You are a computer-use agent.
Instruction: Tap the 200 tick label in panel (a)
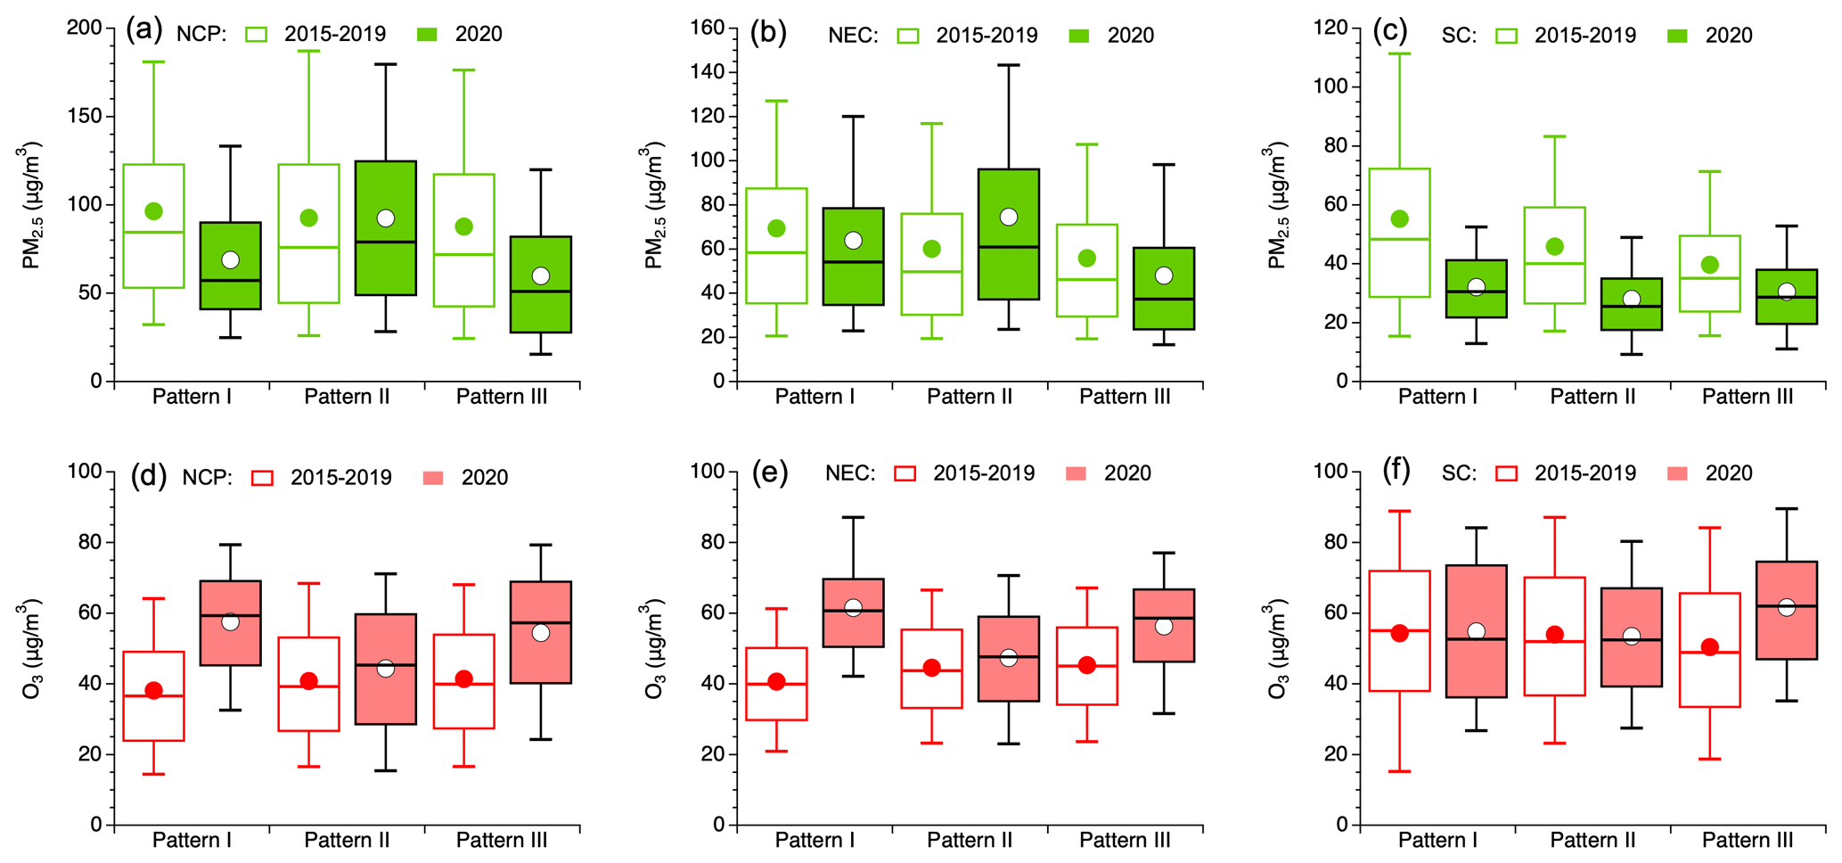tap(85, 28)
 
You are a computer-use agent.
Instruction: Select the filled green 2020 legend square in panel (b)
tap(1079, 36)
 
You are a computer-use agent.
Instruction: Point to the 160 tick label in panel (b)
tap(708, 28)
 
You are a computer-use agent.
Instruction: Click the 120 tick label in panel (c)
tap(1331, 28)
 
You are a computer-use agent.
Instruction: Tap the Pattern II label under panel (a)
tap(347, 397)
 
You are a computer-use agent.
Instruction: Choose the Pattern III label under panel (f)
tap(1747, 840)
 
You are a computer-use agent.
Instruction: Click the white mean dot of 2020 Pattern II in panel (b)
tap(1009, 217)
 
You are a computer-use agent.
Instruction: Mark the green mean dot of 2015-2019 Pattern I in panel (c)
tap(1399, 218)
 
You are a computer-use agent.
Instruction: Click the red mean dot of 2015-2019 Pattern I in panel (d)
tap(153, 690)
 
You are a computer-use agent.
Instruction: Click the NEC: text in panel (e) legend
tap(850, 473)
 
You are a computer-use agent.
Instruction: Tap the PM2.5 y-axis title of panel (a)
tap(32, 204)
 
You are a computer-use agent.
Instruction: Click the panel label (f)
tap(1396, 471)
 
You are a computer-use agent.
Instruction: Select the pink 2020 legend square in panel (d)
tap(434, 477)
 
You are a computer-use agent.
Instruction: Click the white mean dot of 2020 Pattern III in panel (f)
tap(1786, 607)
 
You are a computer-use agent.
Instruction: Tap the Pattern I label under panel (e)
tap(815, 840)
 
